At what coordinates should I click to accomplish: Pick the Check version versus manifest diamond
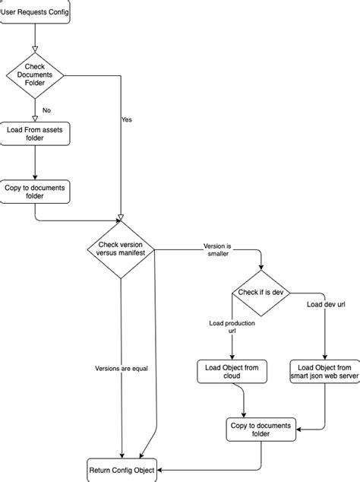pyautogui.click(x=122, y=251)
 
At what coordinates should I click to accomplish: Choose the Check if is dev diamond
pyautogui.click(x=261, y=293)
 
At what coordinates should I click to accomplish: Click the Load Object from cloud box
pyautogui.click(x=232, y=372)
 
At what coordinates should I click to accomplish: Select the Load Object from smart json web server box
pyautogui.click(x=325, y=372)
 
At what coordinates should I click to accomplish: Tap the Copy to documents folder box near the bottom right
pyautogui.click(x=261, y=430)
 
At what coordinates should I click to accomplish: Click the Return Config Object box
pyautogui.click(x=122, y=470)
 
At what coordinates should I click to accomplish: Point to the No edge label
pyautogui.click(x=46, y=110)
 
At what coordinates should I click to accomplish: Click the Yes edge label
pyautogui.click(x=127, y=119)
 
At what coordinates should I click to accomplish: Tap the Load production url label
pyautogui.click(x=232, y=328)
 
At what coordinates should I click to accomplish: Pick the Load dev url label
pyautogui.click(x=327, y=305)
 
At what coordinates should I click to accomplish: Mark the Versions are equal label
pyautogui.click(x=122, y=369)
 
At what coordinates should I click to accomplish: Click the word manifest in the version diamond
pyautogui.click(x=137, y=252)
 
